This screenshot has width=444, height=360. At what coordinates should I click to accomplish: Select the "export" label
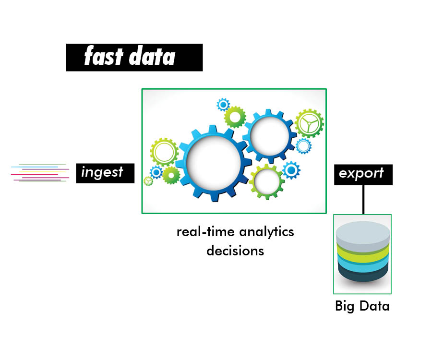(363, 174)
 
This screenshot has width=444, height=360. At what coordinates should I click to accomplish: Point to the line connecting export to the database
(363, 200)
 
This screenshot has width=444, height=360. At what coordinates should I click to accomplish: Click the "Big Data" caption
(362, 306)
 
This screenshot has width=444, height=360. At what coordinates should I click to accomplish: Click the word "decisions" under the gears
(235, 251)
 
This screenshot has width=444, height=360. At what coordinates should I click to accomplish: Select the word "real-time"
(201, 232)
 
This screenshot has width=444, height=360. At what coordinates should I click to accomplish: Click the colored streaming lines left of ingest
(38, 173)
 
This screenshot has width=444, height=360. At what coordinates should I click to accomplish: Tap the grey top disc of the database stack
(362, 233)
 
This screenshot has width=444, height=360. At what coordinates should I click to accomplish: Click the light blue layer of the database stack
(362, 264)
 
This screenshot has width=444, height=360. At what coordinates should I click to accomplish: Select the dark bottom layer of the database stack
(362, 276)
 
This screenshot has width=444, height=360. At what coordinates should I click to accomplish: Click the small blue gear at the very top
(223, 104)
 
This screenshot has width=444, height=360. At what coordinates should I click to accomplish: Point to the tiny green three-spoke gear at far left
(148, 181)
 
